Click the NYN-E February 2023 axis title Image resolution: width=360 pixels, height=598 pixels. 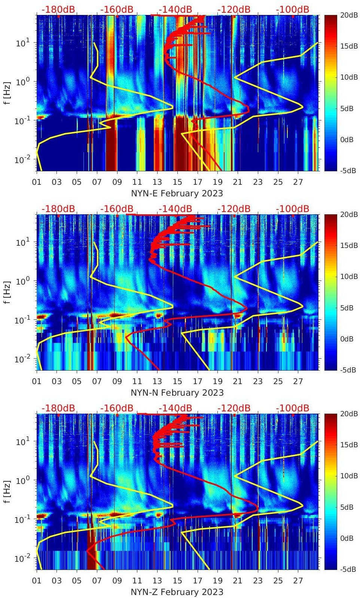click(x=177, y=193)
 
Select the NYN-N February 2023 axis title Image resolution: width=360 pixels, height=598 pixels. click(x=177, y=393)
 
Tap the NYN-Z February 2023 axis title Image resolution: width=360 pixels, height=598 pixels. click(x=177, y=592)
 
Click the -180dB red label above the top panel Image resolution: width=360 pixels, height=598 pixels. click(x=58, y=9)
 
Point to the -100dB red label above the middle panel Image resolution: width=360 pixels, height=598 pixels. click(x=293, y=209)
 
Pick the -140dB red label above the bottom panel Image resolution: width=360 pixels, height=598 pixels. click(x=175, y=408)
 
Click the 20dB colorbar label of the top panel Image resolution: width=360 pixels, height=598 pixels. click(x=348, y=15)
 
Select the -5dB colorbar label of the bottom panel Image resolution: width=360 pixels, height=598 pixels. click(x=347, y=569)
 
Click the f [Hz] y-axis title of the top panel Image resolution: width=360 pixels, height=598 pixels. click(x=7, y=93)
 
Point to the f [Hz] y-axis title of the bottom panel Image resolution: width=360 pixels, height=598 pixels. click(x=7, y=491)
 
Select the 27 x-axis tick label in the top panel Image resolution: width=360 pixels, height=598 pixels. click(x=298, y=182)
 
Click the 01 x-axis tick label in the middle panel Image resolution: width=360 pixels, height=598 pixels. click(x=37, y=381)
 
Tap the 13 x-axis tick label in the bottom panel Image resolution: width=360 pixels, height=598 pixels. click(x=157, y=581)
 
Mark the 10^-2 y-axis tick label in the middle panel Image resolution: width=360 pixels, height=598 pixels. click(x=21, y=359)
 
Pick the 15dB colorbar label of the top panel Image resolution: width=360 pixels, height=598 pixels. click(x=348, y=46)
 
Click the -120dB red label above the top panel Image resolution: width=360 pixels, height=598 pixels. click(x=234, y=9)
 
